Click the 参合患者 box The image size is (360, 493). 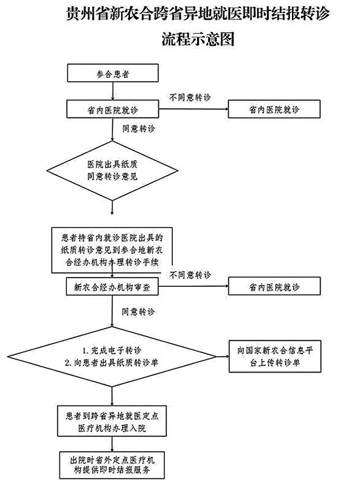pyautogui.click(x=113, y=73)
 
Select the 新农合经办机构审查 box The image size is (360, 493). pyautogui.click(x=112, y=286)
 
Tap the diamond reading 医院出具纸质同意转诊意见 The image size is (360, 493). pyautogui.click(x=112, y=171)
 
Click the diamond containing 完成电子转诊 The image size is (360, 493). pyautogui.click(x=112, y=357)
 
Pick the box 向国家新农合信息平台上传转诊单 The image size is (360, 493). pyautogui.click(x=275, y=356)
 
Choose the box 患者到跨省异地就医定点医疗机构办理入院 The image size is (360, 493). pyautogui.click(x=112, y=422)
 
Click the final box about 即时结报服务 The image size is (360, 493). pyautogui.click(x=112, y=465)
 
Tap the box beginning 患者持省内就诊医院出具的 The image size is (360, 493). pyautogui.click(x=112, y=250)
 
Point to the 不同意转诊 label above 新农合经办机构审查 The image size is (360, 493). pyautogui.click(x=190, y=275)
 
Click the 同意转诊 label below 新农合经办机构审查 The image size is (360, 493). pyautogui.click(x=138, y=312)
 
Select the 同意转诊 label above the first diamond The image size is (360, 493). pyautogui.click(x=139, y=128)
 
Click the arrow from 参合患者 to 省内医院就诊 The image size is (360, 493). pyautogui.click(x=112, y=91)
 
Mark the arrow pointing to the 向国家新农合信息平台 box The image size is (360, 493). pyautogui.click(x=223, y=356)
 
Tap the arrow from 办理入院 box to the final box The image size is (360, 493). pyautogui.click(x=112, y=444)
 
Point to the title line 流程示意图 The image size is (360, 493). pyautogui.click(x=198, y=39)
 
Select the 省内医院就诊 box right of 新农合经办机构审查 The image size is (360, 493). pyautogui.click(x=274, y=286)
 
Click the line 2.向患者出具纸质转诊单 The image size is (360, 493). pyautogui.click(x=112, y=363)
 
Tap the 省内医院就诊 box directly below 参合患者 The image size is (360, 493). pyautogui.click(x=112, y=109)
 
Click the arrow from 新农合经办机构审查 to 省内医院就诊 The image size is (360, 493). pyautogui.click(x=193, y=286)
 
